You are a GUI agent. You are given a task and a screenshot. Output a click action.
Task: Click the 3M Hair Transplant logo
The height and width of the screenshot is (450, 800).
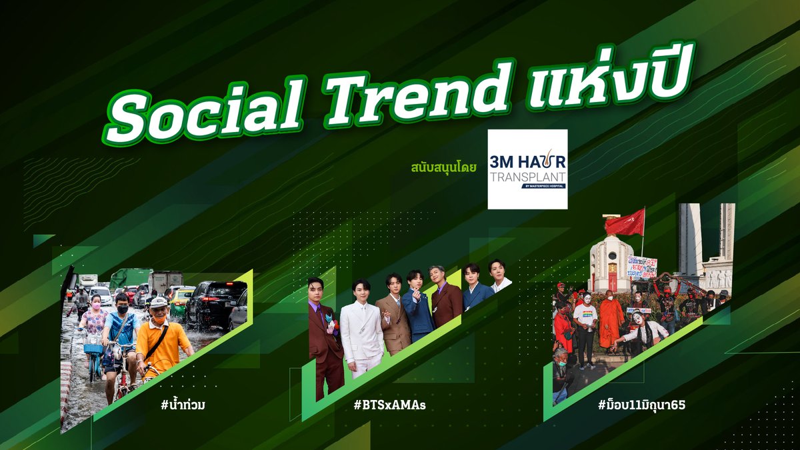[x=527, y=169]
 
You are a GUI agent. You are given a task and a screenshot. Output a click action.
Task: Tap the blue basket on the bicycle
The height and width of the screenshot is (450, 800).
[x=94, y=347]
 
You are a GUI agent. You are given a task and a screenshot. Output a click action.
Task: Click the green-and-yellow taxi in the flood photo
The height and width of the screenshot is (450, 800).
[x=180, y=303]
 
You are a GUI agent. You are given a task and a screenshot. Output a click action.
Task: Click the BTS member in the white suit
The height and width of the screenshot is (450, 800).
[x=362, y=333]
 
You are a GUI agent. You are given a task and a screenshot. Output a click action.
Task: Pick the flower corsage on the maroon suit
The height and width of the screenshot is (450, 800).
[x=333, y=326]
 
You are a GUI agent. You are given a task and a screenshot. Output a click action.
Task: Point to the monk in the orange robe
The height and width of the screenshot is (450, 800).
[x=611, y=320]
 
